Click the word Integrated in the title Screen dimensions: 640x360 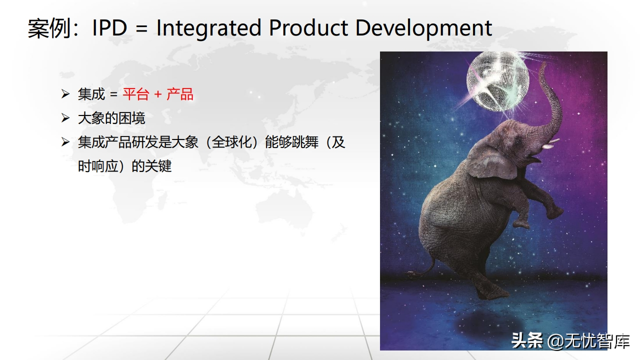pos(209,28)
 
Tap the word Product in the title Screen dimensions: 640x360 pos(308,27)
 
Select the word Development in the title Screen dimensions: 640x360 pos(423,28)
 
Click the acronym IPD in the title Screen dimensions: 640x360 pos(109,28)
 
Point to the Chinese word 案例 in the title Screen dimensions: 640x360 pos(49,28)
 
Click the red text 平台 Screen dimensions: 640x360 pos(136,94)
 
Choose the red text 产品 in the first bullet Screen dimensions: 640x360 pos(180,94)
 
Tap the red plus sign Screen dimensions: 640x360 pos(158,94)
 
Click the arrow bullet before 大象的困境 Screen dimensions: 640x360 pos(65,118)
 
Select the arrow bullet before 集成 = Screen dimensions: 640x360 pos(65,94)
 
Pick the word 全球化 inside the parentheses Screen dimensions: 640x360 pos(231,142)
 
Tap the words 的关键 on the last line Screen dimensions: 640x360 pos(151,166)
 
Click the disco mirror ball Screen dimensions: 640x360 pos(497,81)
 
